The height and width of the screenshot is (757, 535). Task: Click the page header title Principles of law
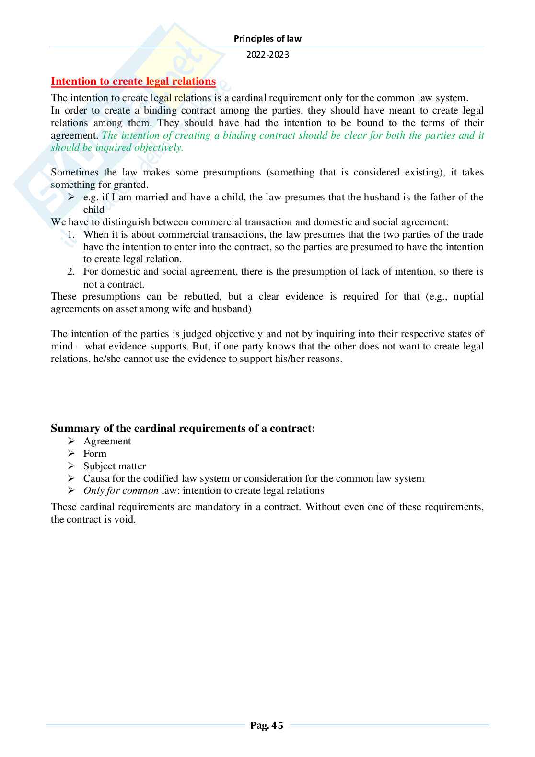267,39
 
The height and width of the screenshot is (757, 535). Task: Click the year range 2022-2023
267,55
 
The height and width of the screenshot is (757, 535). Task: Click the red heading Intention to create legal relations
133,82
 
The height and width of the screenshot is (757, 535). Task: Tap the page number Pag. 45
267,725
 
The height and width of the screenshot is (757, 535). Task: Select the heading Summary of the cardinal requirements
183,428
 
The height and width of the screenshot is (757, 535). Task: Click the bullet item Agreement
107,441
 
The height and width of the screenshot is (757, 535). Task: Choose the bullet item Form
95,454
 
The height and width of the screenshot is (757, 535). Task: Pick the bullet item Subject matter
115,466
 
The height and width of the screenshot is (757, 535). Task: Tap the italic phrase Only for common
121,491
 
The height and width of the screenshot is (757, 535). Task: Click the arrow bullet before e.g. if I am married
71,198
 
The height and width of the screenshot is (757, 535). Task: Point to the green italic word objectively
158,148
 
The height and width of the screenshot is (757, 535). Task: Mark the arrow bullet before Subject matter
71,466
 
